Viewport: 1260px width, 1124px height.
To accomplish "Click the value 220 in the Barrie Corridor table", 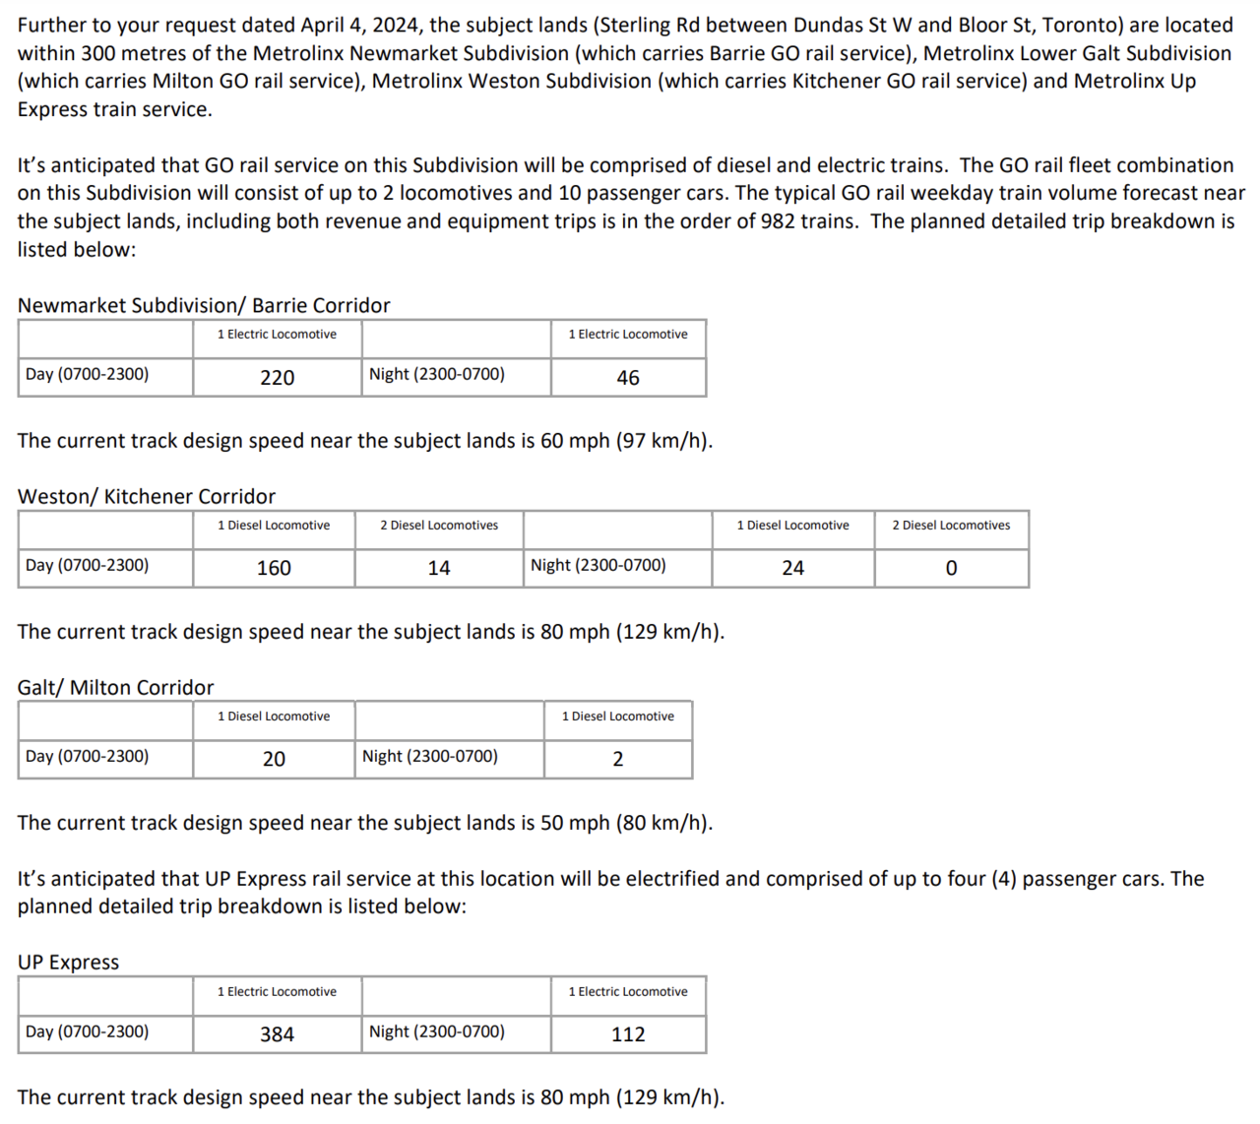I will click(x=277, y=378).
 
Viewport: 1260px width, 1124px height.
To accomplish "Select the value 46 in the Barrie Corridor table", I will click(x=628, y=378).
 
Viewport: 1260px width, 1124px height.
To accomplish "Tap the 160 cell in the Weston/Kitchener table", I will click(x=274, y=568).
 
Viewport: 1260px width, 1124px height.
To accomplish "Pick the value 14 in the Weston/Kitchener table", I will click(x=439, y=568).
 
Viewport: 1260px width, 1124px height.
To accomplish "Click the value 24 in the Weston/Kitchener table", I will click(x=792, y=568).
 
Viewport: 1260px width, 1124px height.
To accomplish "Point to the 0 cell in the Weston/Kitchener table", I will click(x=951, y=568).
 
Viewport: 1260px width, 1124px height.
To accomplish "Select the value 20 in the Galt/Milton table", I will click(x=274, y=759).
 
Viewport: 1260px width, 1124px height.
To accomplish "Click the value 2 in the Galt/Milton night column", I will click(x=618, y=759).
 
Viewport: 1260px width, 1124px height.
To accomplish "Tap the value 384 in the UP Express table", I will click(x=277, y=1034).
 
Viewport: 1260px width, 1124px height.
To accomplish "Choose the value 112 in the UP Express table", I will click(x=628, y=1034).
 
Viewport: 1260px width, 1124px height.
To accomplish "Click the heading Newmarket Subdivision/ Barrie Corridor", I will click(x=204, y=305).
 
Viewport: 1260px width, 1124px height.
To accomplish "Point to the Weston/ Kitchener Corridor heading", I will click(x=147, y=496).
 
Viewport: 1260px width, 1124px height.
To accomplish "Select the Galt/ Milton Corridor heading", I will click(x=115, y=687).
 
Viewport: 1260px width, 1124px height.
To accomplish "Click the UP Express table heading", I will click(x=68, y=962).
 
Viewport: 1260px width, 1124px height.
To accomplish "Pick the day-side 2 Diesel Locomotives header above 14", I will click(x=439, y=526).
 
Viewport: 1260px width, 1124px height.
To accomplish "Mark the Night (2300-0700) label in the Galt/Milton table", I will click(x=430, y=756).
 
